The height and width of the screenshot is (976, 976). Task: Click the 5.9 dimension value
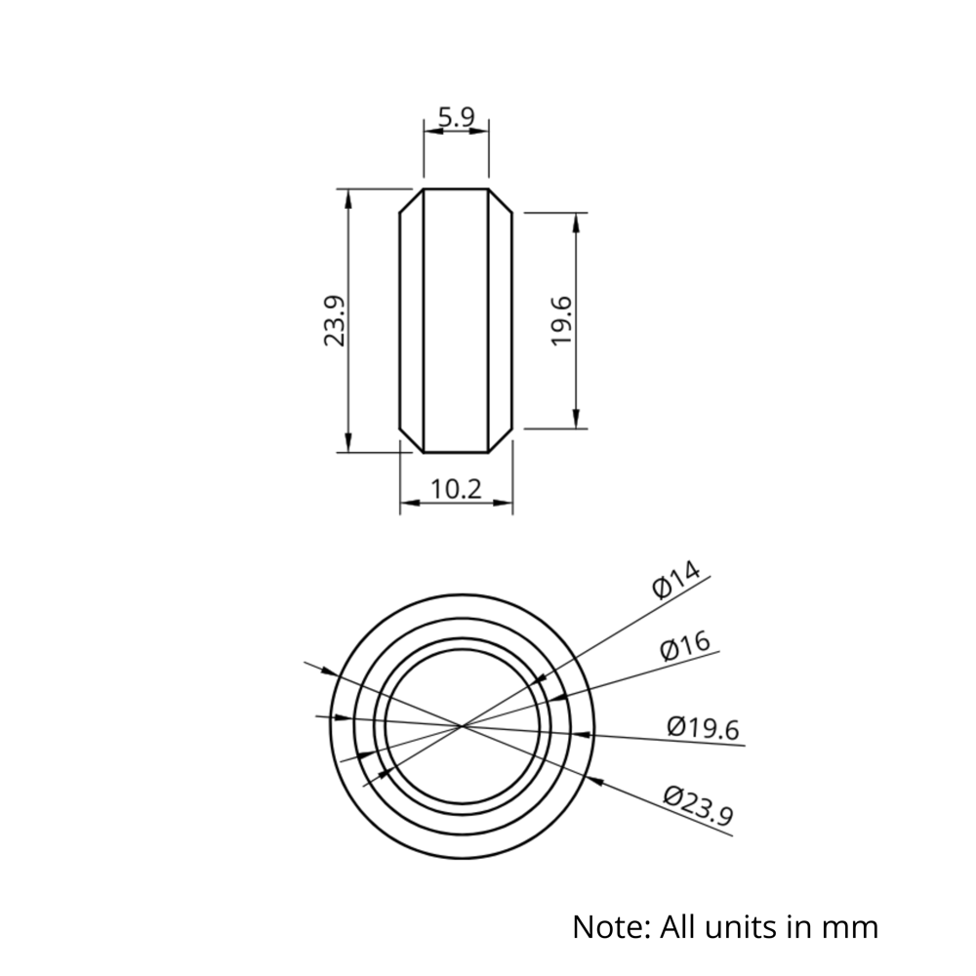pos(456,118)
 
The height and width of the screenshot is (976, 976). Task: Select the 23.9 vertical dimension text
pos(335,321)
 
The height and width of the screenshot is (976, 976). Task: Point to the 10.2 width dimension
pos(457,489)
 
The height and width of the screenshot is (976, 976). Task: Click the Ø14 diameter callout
pos(676,582)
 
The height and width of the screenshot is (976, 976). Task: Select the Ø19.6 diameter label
pos(704,727)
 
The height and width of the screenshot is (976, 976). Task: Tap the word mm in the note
pos(851,925)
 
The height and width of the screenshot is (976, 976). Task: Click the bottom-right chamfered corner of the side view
pos(502,442)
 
